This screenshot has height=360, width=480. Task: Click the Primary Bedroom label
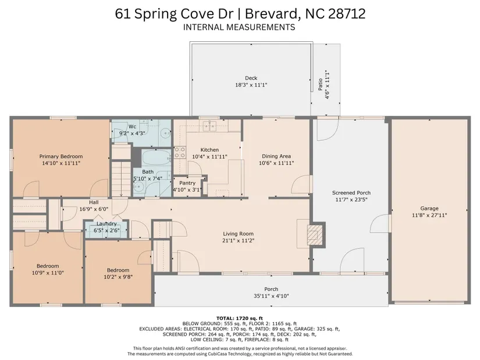(61, 156)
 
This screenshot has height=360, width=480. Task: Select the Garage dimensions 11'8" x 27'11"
(429, 215)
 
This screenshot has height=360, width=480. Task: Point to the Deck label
(251, 78)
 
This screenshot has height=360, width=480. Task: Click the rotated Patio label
(320, 84)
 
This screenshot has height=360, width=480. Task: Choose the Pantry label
(187, 183)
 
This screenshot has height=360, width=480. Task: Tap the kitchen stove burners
(180, 152)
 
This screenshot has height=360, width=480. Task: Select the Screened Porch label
(351, 193)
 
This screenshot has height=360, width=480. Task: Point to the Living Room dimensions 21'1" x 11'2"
(238, 241)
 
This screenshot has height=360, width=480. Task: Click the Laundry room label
(106, 224)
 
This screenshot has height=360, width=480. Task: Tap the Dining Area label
(276, 156)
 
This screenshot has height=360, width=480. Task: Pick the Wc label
(132, 127)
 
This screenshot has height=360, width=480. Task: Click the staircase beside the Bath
(121, 179)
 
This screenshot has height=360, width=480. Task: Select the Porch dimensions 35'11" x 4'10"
(271, 296)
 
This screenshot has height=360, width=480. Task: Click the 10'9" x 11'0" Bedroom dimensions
(48, 273)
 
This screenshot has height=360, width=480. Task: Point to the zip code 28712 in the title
(347, 14)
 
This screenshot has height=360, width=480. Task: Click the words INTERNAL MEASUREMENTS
(239, 27)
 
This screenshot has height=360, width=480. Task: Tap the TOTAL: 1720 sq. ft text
(240, 318)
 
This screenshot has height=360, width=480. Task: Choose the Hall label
(94, 202)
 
